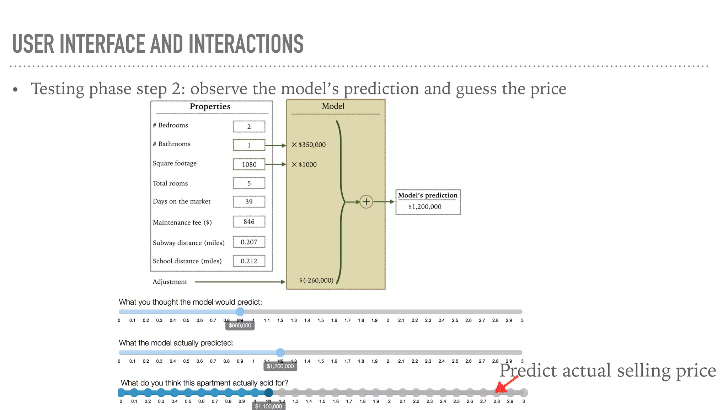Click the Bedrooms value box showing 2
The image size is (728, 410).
(249, 127)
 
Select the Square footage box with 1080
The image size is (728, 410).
(249, 164)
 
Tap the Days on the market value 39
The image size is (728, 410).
(249, 202)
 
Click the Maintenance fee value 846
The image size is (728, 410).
(249, 222)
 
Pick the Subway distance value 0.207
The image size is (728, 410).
(249, 242)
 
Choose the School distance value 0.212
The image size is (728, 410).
(249, 261)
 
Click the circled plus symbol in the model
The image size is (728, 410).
(366, 202)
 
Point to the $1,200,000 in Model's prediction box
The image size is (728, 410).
(425, 207)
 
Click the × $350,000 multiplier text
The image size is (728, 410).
(309, 145)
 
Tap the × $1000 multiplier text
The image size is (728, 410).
(304, 164)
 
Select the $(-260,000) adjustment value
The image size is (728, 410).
(316, 280)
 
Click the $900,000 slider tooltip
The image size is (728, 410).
(240, 326)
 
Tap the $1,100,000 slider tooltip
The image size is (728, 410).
(268, 406)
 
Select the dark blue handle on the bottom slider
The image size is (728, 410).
(269, 393)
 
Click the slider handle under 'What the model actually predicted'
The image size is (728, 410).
(280, 352)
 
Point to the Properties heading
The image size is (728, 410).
(210, 106)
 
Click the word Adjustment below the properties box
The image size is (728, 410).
(170, 282)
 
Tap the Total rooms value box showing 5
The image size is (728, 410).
(249, 183)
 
